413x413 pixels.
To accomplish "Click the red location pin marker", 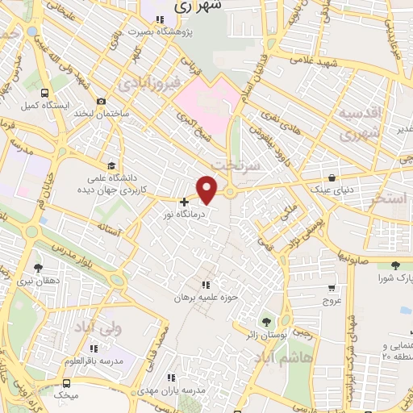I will tap(207, 190).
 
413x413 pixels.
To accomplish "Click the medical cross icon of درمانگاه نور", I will tap(185, 202).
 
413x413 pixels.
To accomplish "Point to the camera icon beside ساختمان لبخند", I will tap(101, 101).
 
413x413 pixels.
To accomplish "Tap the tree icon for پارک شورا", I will tap(394, 265).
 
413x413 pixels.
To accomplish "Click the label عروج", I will tap(332, 300).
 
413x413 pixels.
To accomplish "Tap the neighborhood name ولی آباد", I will tap(99, 325).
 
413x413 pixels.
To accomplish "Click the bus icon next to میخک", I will tap(65, 384).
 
